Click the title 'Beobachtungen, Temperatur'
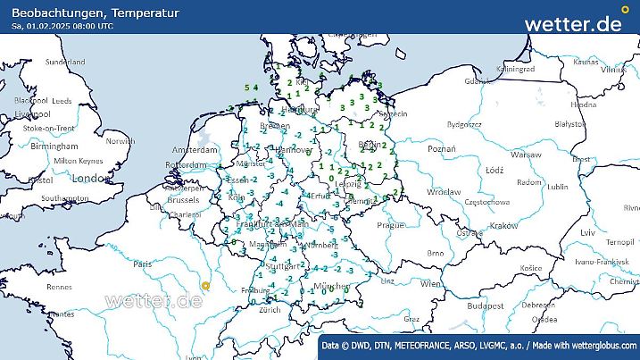[x=96, y=13]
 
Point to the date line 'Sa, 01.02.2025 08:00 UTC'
[x=62, y=26]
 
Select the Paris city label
[x=141, y=264]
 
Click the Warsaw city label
[x=527, y=155]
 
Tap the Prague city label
[x=391, y=225]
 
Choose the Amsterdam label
[x=195, y=149]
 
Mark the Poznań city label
[x=442, y=148]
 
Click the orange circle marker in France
[x=205, y=286]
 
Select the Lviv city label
[x=586, y=232]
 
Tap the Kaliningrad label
[x=515, y=68]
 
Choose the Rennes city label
[x=60, y=287]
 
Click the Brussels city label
[x=182, y=200]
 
